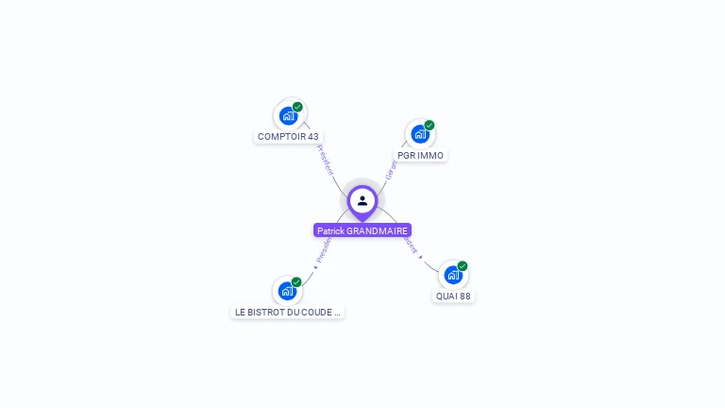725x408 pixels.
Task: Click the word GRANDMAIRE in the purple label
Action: [378, 230]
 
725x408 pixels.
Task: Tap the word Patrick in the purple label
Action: [330, 230]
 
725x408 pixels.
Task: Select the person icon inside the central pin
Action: [362, 200]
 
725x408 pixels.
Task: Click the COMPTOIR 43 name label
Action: [288, 137]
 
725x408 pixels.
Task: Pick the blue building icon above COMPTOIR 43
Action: [288, 116]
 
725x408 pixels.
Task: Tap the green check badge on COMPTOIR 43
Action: [297, 107]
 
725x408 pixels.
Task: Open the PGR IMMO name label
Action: [420, 155]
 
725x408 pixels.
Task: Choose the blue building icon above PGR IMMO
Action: [419, 134]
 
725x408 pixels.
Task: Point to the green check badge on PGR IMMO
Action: [430, 125]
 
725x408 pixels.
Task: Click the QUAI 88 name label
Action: [453, 296]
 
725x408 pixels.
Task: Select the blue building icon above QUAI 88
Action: [452, 275]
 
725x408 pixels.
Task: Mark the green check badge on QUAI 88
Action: [463, 265]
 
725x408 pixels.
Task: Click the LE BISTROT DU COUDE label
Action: [287, 312]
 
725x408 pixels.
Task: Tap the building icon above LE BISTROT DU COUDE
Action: [287, 291]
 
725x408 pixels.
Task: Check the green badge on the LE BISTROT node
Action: [296, 281]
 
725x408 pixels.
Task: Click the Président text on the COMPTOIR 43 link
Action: [324, 160]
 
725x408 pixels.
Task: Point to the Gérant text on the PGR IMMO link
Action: [392, 169]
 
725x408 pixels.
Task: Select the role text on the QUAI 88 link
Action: [412, 244]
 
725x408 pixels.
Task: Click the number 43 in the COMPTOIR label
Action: [312, 137]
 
